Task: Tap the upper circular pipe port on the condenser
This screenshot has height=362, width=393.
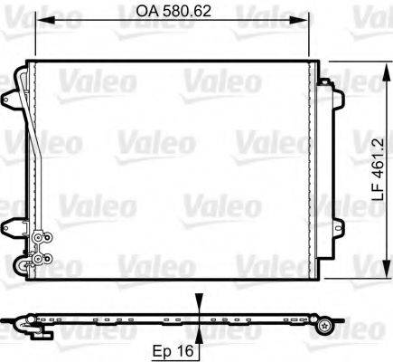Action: [37, 240]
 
